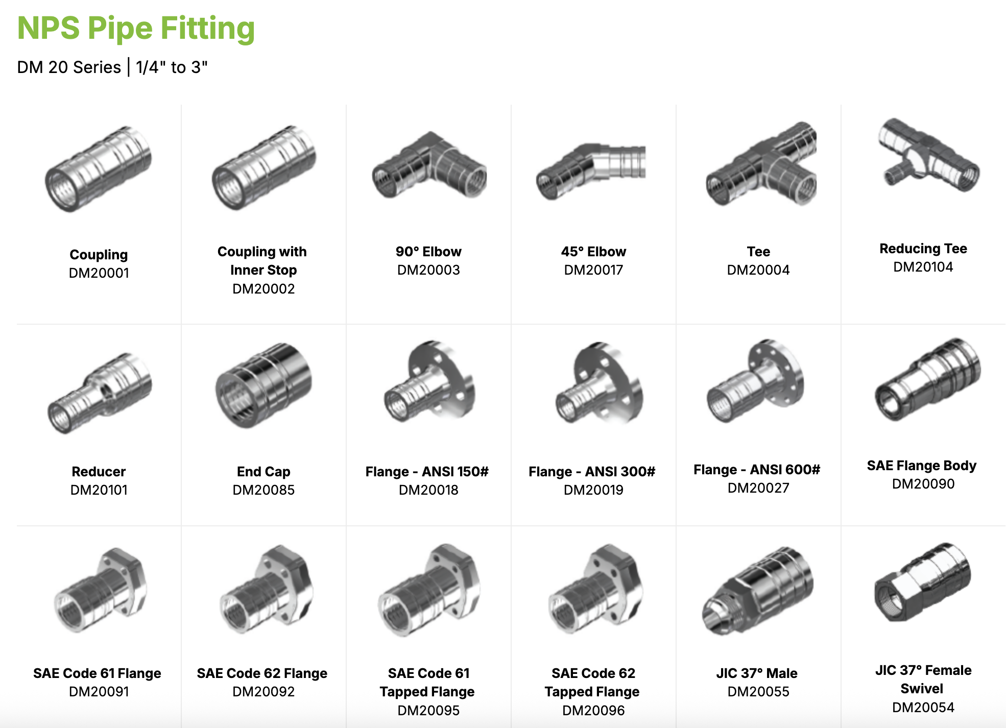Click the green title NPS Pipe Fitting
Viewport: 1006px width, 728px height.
click(136, 28)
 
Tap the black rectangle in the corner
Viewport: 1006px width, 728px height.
click(936, 38)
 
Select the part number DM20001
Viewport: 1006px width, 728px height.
click(99, 273)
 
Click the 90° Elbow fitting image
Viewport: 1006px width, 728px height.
click(429, 166)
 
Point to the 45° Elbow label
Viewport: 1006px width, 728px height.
click(593, 252)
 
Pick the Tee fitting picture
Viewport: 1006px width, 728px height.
click(761, 166)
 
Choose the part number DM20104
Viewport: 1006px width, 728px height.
click(923, 267)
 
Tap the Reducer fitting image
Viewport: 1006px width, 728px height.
click(100, 393)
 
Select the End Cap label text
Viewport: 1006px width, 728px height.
click(264, 472)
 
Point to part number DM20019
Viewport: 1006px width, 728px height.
click(593, 490)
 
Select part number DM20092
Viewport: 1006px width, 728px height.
click(264, 692)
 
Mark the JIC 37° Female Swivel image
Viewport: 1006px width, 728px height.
click(922, 582)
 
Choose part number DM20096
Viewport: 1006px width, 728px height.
click(593, 711)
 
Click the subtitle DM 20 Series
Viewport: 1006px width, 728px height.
click(69, 67)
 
